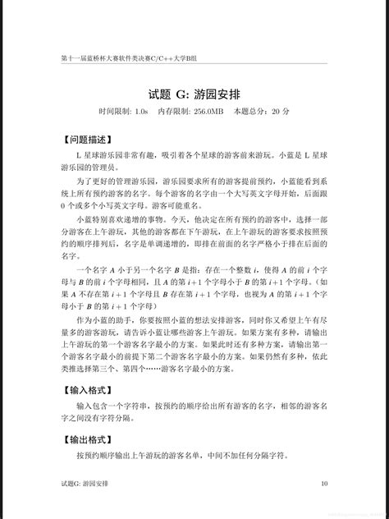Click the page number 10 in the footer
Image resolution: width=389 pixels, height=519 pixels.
pos(324,485)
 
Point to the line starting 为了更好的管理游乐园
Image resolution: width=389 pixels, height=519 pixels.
pos(194,180)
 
